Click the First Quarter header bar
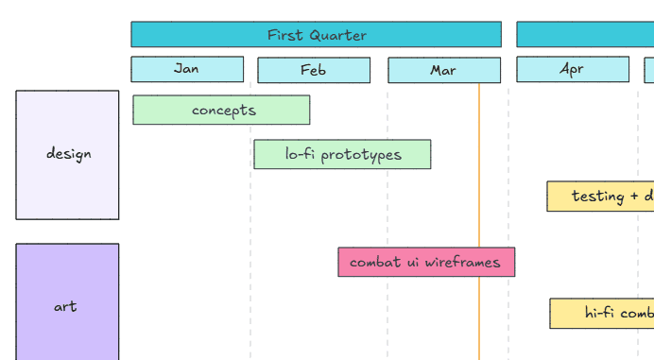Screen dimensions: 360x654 click(x=316, y=35)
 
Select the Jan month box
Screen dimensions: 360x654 click(x=187, y=69)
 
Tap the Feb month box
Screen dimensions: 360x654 click(x=314, y=70)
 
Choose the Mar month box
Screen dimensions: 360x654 click(x=443, y=70)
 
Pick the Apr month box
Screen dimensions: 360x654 click(x=572, y=69)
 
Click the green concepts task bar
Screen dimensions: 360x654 click(x=221, y=110)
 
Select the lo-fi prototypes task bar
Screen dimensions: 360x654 click(x=342, y=154)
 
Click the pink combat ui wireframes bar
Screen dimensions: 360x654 click(x=426, y=262)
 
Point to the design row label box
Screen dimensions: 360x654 click(x=68, y=155)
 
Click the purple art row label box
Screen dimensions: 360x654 click(x=66, y=305)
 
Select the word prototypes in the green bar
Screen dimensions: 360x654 click(x=365, y=154)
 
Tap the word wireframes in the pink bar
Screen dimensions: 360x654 click(x=462, y=262)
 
